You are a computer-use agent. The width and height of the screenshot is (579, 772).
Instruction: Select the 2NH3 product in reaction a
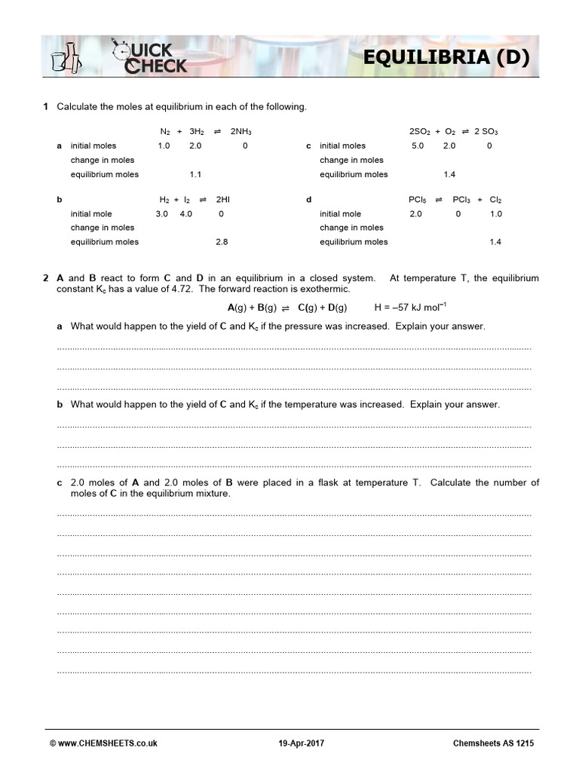pyautogui.click(x=240, y=131)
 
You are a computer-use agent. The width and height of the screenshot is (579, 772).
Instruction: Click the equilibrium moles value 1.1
pyautogui.click(x=195, y=174)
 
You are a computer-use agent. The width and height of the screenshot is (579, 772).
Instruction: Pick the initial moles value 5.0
pyautogui.click(x=418, y=146)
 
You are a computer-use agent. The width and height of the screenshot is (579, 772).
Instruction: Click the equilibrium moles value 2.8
pyautogui.click(x=221, y=242)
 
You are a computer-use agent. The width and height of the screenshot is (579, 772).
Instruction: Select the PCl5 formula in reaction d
pyautogui.click(x=417, y=200)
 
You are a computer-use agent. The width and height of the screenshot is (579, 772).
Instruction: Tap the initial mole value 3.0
pyautogui.click(x=161, y=213)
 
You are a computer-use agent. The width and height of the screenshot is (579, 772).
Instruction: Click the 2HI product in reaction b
pyautogui.click(x=222, y=200)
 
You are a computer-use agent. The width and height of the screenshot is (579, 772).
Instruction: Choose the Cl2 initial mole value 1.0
pyautogui.click(x=495, y=213)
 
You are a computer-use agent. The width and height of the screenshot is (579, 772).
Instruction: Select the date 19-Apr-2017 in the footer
pyautogui.click(x=302, y=743)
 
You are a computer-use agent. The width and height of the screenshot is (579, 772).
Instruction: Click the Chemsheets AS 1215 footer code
pyautogui.click(x=495, y=743)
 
